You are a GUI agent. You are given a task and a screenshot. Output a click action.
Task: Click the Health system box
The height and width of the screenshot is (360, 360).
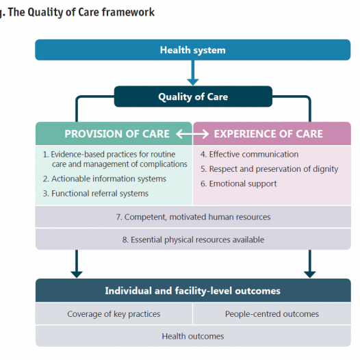[x=192, y=50]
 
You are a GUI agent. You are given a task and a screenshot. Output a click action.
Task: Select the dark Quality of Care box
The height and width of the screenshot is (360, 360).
[x=193, y=97]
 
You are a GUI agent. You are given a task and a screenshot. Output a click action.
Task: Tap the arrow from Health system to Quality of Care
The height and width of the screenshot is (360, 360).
[x=193, y=73]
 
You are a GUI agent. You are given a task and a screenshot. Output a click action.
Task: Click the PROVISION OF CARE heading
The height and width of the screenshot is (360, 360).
[x=117, y=134]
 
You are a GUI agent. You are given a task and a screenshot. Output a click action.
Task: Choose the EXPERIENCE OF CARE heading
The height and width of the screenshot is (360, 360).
[x=268, y=134]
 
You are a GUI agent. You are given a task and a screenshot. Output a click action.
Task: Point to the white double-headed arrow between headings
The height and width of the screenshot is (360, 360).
[x=192, y=134]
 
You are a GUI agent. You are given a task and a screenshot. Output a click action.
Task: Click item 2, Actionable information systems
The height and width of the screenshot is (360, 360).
[x=105, y=179]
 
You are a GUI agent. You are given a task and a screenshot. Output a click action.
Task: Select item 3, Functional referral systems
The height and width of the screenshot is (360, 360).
[x=96, y=193]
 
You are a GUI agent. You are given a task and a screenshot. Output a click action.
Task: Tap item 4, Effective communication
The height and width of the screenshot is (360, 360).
[x=249, y=154]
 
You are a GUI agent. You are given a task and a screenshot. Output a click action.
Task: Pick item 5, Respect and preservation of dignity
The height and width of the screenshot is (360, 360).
[x=269, y=169]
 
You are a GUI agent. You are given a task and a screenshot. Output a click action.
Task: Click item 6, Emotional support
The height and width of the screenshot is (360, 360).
[x=239, y=183]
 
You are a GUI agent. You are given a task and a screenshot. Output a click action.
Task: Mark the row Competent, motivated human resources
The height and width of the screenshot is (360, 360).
[x=193, y=217]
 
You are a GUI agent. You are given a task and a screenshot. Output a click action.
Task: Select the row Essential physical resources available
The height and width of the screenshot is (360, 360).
[x=193, y=240]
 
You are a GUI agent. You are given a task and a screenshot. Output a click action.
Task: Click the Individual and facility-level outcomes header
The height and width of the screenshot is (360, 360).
[x=193, y=290]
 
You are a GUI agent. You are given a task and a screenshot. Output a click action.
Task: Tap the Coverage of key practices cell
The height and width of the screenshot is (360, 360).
[x=114, y=314]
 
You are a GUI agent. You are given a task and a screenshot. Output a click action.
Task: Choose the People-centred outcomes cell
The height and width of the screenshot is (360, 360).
[x=272, y=314]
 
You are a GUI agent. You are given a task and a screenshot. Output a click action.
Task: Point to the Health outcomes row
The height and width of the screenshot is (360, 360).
[x=193, y=336]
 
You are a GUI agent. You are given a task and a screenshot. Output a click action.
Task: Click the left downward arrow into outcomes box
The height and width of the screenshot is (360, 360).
[x=77, y=263]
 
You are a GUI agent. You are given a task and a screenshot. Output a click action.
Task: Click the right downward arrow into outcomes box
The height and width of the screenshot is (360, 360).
[x=310, y=263]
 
